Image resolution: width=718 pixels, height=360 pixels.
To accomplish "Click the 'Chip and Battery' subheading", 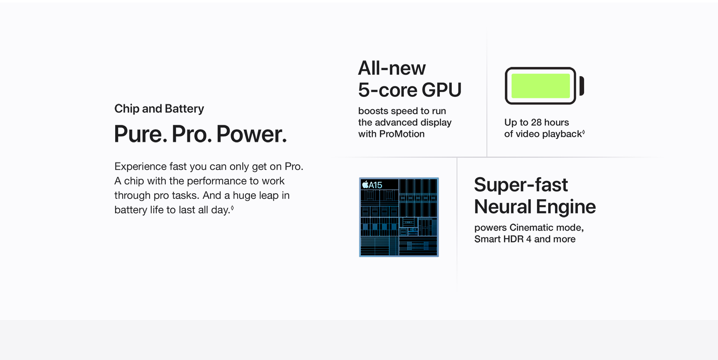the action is pyautogui.click(x=159, y=108).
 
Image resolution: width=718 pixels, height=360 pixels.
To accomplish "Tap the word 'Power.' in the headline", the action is pyautogui.click(x=252, y=134).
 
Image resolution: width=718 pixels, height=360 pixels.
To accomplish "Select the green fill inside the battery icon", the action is pyautogui.click(x=540, y=86).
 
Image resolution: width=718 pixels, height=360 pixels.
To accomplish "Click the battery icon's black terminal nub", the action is pyautogui.click(x=582, y=86).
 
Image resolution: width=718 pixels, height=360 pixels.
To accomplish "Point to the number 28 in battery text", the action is pyautogui.click(x=536, y=122).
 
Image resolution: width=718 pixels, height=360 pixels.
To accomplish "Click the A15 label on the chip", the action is pyautogui.click(x=375, y=185).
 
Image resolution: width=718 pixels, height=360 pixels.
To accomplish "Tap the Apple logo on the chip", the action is pyautogui.click(x=365, y=185).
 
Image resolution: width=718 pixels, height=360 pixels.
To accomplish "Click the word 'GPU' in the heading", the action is pyautogui.click(x=442, y=90).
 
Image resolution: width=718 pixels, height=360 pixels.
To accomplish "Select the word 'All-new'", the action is pyautogui.click(x=392, y=68).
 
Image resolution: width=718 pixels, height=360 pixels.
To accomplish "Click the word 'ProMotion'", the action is pyautogui.click(x=402, y=134).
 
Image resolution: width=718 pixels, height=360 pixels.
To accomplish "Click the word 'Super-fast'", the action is pyautogui.click(x=521, y=185).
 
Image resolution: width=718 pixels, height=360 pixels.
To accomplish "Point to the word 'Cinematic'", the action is pyautogui.click(x=531, y=227).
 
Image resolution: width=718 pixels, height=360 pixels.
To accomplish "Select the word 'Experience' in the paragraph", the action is pyautogui.click(x=140, y=167).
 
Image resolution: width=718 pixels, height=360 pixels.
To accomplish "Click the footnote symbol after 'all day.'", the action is pyautogui.click(x=232, y=207).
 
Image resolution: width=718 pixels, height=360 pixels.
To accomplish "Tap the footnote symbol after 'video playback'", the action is pyautogui.click(x=583, y=132).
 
